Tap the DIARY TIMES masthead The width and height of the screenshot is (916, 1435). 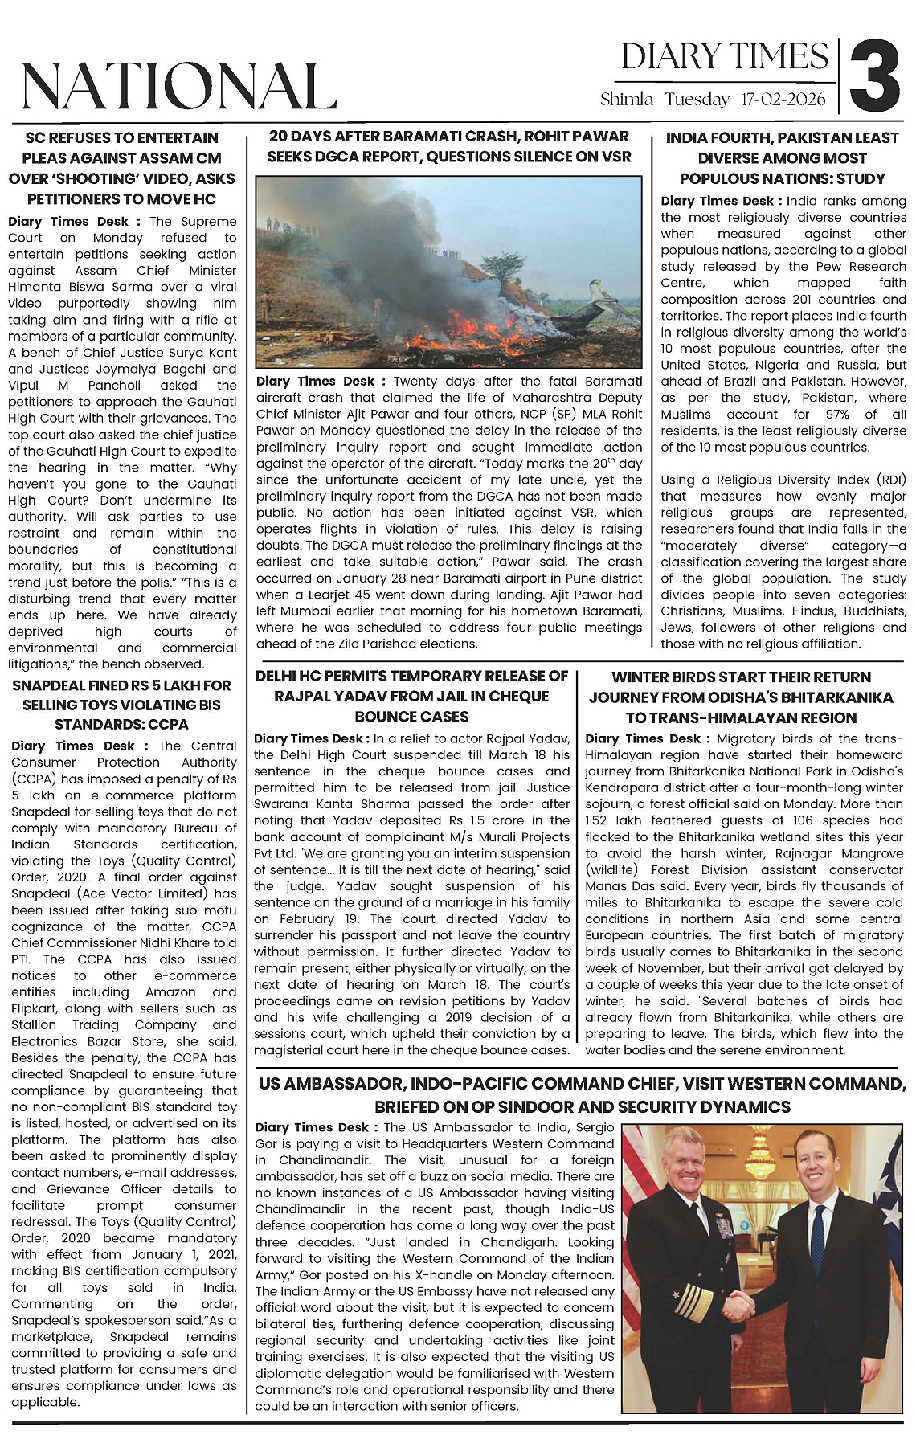(725, 57)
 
